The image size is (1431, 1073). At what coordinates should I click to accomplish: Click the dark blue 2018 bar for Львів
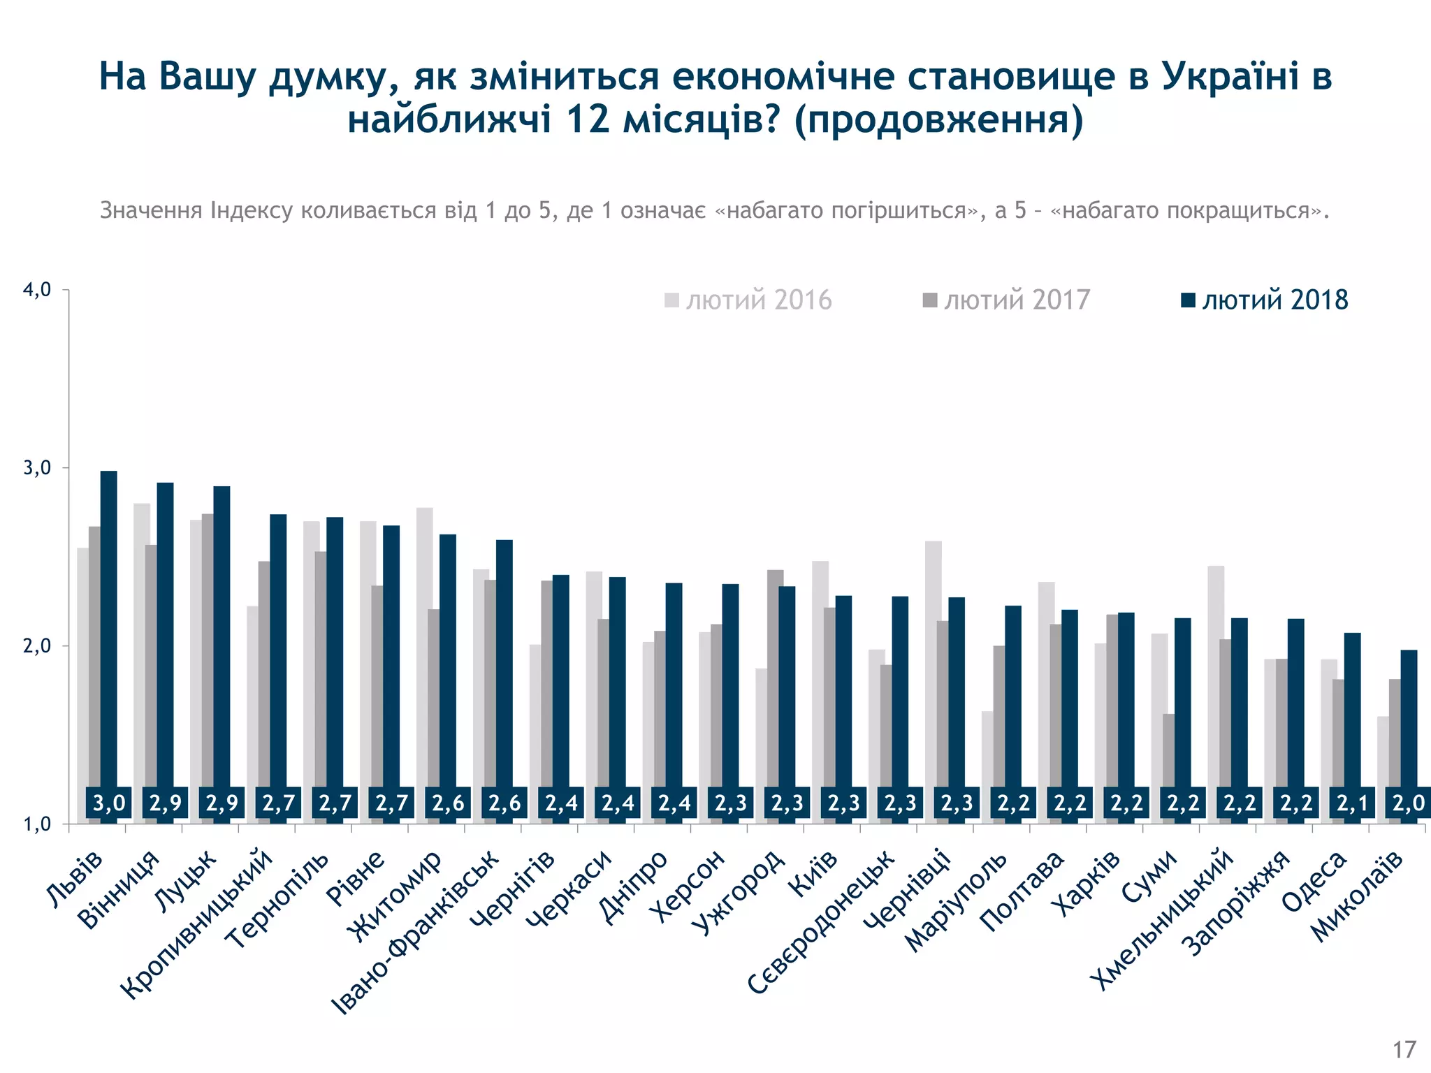point(109,629)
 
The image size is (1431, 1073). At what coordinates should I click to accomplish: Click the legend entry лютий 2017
point(1007,300)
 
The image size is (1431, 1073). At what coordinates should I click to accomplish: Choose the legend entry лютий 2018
point(1265,300)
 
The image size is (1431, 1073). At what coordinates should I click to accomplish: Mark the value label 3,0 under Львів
point(109,803)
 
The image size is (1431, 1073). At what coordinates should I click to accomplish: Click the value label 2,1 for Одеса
point(1352,803)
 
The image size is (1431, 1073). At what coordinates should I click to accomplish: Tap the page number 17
point(1404,1050)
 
